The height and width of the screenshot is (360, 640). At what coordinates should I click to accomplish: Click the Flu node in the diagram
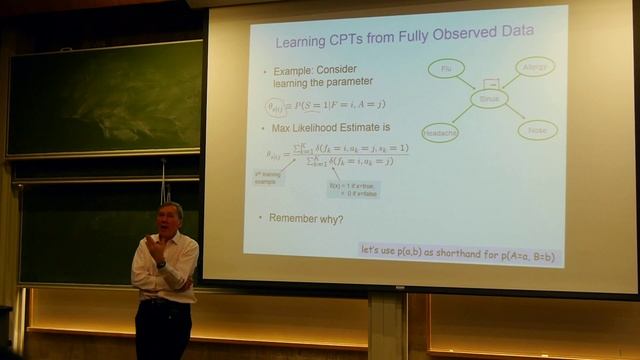(446, 69)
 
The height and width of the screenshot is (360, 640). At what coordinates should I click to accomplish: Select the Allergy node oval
(535, 67)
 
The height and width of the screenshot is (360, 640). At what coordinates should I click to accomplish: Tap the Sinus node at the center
(489, 98)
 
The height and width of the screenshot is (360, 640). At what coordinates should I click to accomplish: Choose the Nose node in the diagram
(538, 130)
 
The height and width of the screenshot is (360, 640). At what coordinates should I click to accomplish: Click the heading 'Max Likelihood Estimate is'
(330, 128)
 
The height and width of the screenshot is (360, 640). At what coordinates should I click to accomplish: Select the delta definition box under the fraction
(354, 189)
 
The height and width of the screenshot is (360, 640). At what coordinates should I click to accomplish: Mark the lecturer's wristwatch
(160, 264)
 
